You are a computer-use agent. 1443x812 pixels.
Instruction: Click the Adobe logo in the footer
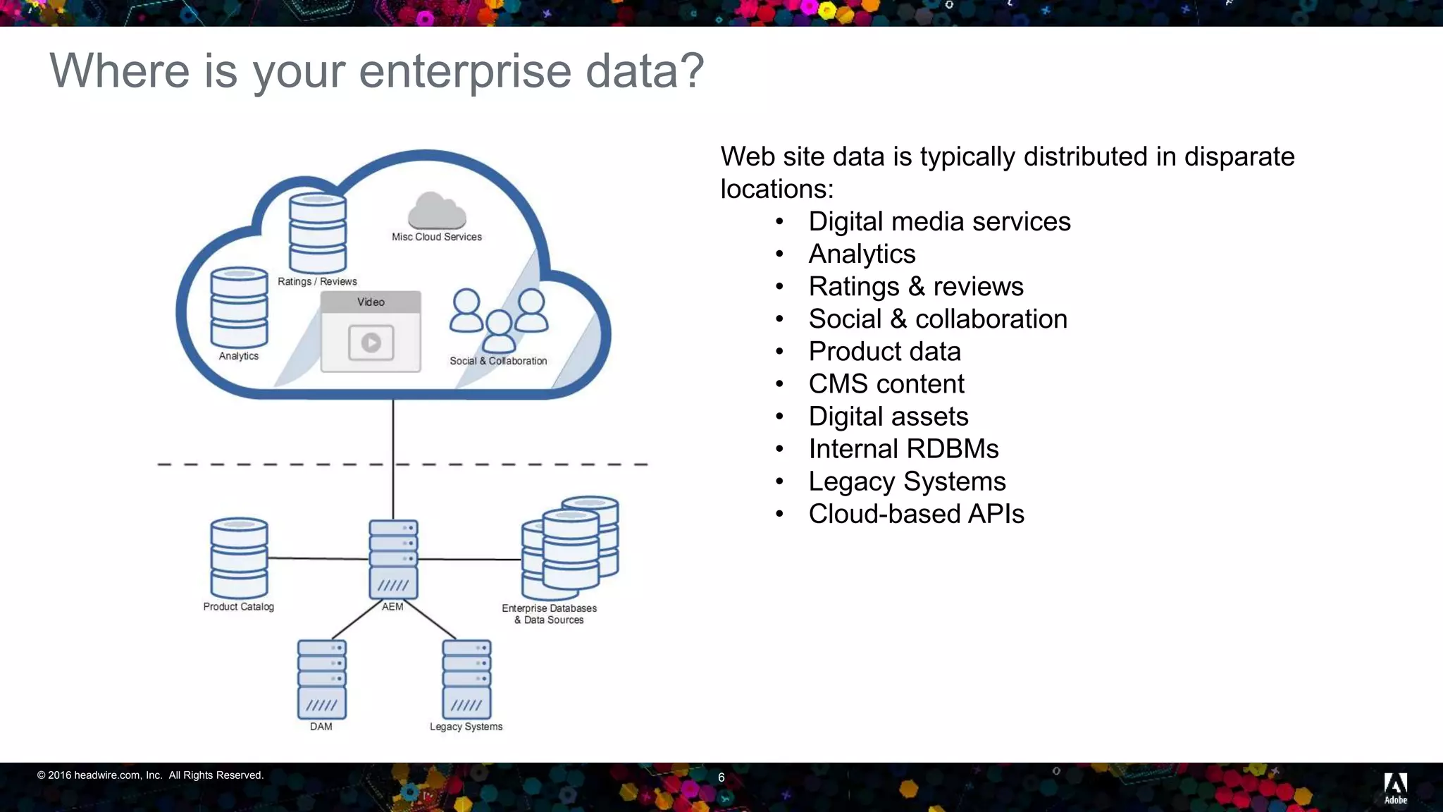[1395, 787]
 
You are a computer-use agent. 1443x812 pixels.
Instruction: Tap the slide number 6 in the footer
[721, 777]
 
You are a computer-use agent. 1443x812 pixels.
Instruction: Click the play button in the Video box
[371, 343]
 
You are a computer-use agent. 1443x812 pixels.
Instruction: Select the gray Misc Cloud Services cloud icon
[437, 210]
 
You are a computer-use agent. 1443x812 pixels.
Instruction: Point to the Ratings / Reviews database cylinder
[318, 233]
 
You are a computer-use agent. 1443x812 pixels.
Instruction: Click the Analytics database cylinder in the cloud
[239, 307]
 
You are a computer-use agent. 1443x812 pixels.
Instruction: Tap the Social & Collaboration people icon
[499, 321]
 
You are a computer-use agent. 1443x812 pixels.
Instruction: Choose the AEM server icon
[393, 560]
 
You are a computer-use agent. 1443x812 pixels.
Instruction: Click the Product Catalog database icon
[239, 558]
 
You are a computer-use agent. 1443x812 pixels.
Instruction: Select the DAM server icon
[321, 679]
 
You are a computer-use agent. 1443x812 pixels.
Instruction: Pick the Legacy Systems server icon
[466, 679]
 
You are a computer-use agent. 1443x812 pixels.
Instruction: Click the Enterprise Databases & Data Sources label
[549, 614]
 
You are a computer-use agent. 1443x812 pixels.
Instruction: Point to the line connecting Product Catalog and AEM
[317, 558]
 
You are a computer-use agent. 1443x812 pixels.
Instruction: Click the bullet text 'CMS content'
[886, 384]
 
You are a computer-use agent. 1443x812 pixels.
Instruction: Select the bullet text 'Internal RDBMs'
[903, 449]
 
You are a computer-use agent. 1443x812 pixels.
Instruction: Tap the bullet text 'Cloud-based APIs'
[916, 514]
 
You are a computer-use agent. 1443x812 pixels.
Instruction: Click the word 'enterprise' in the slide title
[464, 71]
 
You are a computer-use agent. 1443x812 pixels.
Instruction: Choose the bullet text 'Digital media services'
[939, 221]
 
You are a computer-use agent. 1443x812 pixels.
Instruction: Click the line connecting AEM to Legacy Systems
[431, 620]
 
